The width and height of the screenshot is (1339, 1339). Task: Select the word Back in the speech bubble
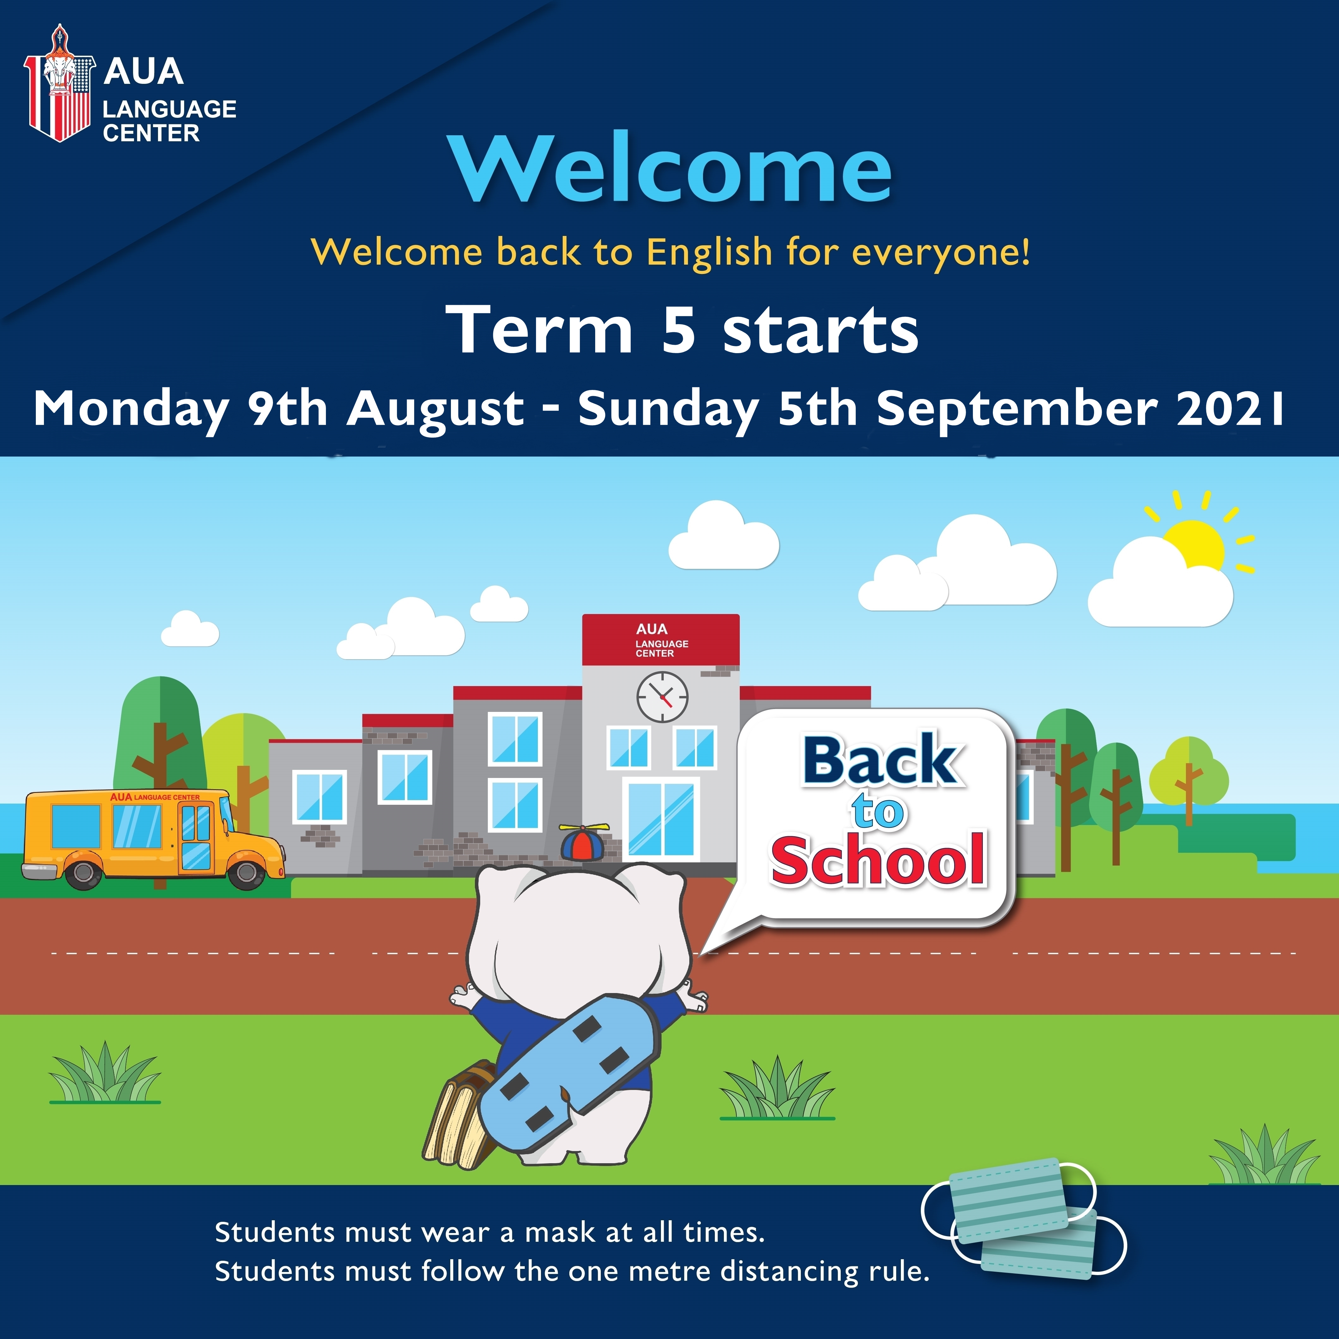pos(882,761)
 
